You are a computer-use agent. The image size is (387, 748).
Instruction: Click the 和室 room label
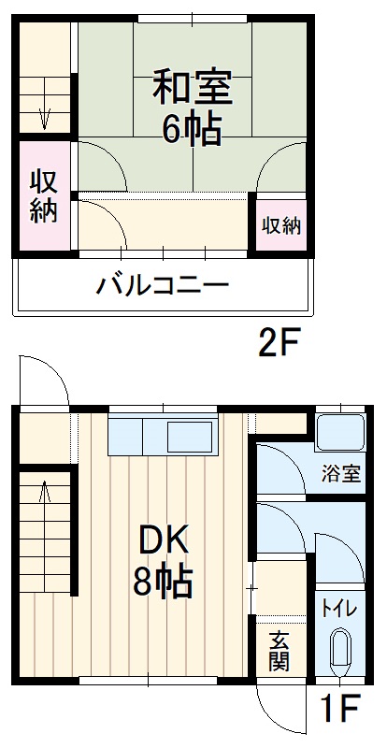pyautogui.click(x=192, y=87)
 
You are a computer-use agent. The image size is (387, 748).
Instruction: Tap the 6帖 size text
pyautogui.click(x=192, y=129)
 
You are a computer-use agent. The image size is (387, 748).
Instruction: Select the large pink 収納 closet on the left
pyautogui.click(x=44, y=195)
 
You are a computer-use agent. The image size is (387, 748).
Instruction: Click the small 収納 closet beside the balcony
pyautogui.click(x=280, y=224)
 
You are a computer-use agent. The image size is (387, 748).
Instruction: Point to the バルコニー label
pyautogui.click(x=164, y=284)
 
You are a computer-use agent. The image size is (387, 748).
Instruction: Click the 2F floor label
pyautogui.click(x=278, y=347)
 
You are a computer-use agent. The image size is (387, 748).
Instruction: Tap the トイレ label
pyautogui.click(x=338, y=609)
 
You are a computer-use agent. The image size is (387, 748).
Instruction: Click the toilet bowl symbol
pyautogui.click(x=339, y=651)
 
